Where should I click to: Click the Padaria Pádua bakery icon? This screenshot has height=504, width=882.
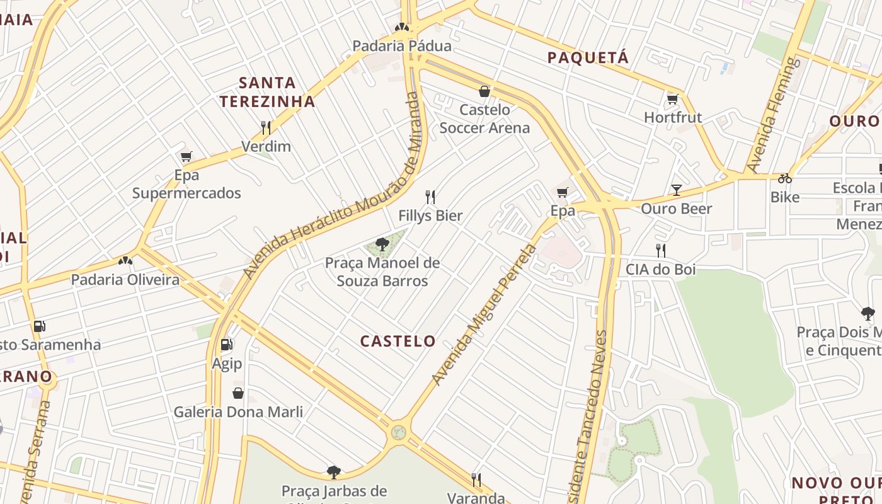tap(401, 27)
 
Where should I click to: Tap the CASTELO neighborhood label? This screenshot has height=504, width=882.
tap(398, 341)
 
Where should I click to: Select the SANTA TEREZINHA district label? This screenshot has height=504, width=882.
tap(267, 92)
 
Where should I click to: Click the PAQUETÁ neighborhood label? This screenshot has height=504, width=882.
tap(588, 58)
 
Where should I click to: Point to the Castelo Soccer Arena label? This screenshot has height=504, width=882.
tap(484, 119)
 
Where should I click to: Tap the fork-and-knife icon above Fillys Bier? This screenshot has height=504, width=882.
tap(430, 197)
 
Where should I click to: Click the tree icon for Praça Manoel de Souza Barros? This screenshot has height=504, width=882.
tap(381, 244)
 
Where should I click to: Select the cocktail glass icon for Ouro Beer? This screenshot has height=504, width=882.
tap(676, 190)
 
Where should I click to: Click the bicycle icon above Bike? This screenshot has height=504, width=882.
tap(784, 178)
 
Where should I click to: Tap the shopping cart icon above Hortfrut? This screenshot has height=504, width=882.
tap(672, 99)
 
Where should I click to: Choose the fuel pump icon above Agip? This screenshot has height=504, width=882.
tap(226, 345)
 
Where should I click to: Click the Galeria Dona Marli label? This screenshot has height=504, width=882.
tap(238, 412)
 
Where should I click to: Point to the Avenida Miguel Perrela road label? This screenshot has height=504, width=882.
tap(484, 314)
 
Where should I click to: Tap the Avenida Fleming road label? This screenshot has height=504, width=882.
tap(773, 115)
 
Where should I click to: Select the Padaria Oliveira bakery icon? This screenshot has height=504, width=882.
tap(125, 261)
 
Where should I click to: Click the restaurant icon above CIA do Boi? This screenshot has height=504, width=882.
tap(660, 251)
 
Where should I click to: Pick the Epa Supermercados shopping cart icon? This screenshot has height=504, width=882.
tap(186, 157)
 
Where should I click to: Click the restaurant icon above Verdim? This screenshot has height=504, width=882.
tap(266, 128)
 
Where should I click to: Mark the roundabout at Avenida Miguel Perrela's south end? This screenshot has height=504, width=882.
tap(398, 432)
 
